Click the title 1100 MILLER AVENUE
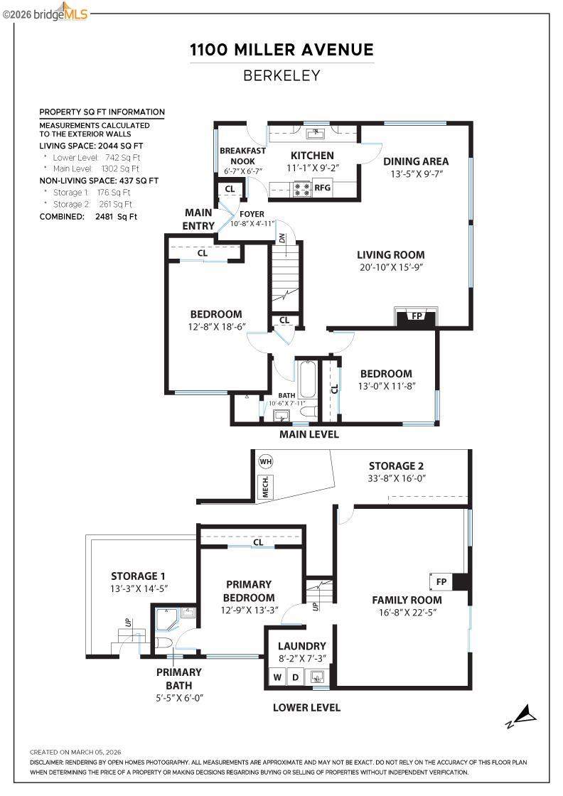(281, 50)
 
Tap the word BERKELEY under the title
(281, 75)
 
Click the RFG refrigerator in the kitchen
(323, 188)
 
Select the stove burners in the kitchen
(302, 188)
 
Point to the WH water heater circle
(266, 462)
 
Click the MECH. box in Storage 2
(265, 488)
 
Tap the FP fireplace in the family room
(441, 582)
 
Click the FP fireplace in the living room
(416, 316)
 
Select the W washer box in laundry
(277, 676)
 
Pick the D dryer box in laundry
(296, 676)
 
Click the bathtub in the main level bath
(308, 380)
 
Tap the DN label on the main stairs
(281, 239)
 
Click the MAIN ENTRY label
(199, 219)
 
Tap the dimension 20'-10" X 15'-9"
(390, 268)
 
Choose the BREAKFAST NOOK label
(242, 156)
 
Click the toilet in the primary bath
(162, 643)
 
